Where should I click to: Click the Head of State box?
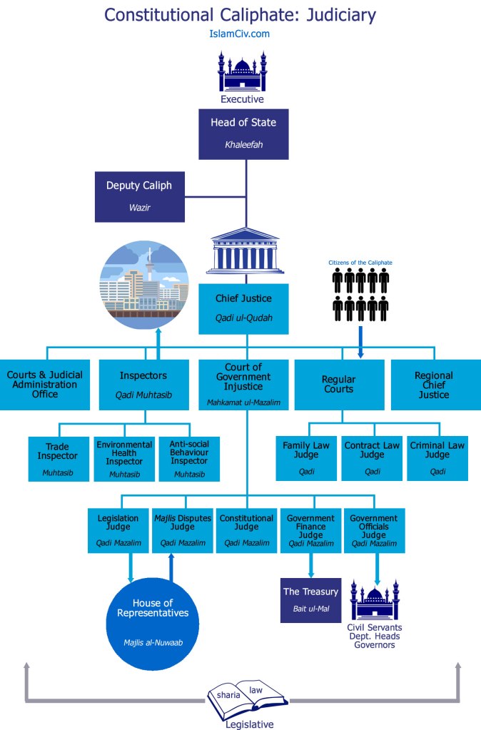(243, 133)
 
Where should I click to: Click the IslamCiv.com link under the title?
(241, 34)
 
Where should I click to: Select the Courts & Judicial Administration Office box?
(45, 385)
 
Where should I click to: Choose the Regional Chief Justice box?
(433, 385)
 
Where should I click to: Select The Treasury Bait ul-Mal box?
(310, 599)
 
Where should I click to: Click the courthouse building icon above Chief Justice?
(244, 251)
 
